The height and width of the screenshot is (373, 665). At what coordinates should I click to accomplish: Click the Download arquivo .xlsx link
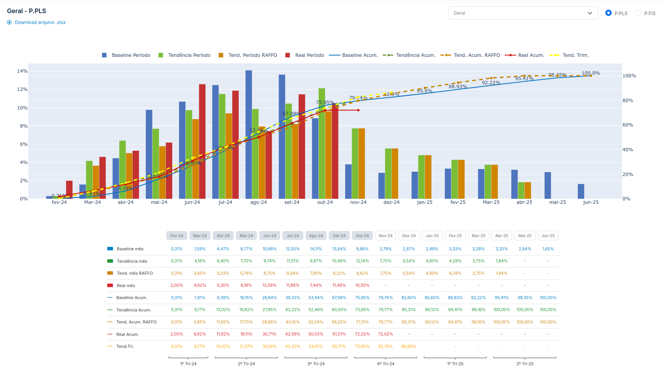click(40, 22)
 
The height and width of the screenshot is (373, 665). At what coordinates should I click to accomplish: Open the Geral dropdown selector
click(523, 13)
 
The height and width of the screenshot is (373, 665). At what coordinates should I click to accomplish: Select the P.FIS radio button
click(638, 13)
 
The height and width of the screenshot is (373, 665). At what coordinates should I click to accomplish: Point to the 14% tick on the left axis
click(22, 71)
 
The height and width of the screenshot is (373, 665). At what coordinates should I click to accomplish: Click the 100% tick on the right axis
click(629, 76)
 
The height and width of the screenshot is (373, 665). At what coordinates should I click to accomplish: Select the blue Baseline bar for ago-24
click(249, 134)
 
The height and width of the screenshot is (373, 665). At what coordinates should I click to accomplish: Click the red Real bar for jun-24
click(202, 141)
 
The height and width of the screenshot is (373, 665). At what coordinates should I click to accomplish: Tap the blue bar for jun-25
click(581, 191)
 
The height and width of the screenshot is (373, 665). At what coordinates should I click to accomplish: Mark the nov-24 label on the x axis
click(358, 202)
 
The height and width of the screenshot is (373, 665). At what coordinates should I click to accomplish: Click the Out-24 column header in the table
click(362, 236)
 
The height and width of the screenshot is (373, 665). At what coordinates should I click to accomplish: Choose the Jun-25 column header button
click(548, 236)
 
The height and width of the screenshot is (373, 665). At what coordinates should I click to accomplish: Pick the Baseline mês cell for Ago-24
click(316, 249)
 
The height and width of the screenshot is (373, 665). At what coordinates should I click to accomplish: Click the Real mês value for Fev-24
click(176, 286)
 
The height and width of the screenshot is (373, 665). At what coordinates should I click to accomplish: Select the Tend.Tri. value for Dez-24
click(409, 346)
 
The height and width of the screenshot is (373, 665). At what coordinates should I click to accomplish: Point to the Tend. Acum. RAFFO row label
click(136, 322)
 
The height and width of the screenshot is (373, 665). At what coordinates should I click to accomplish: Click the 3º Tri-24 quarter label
click(316, 364)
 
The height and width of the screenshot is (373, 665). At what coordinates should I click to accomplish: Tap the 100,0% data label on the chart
click(590, 73)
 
